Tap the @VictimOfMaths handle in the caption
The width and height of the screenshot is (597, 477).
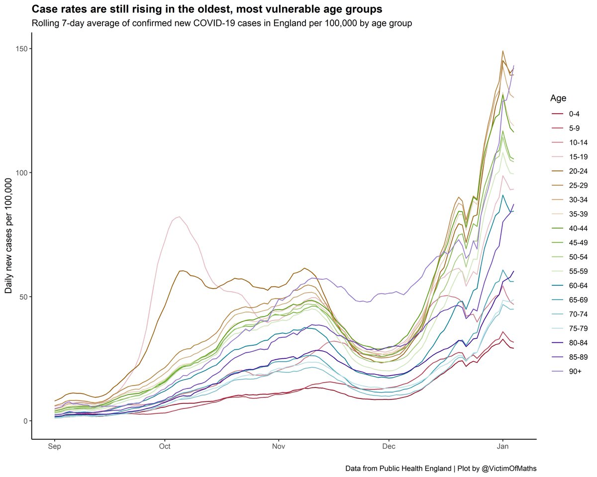(505, 469)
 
